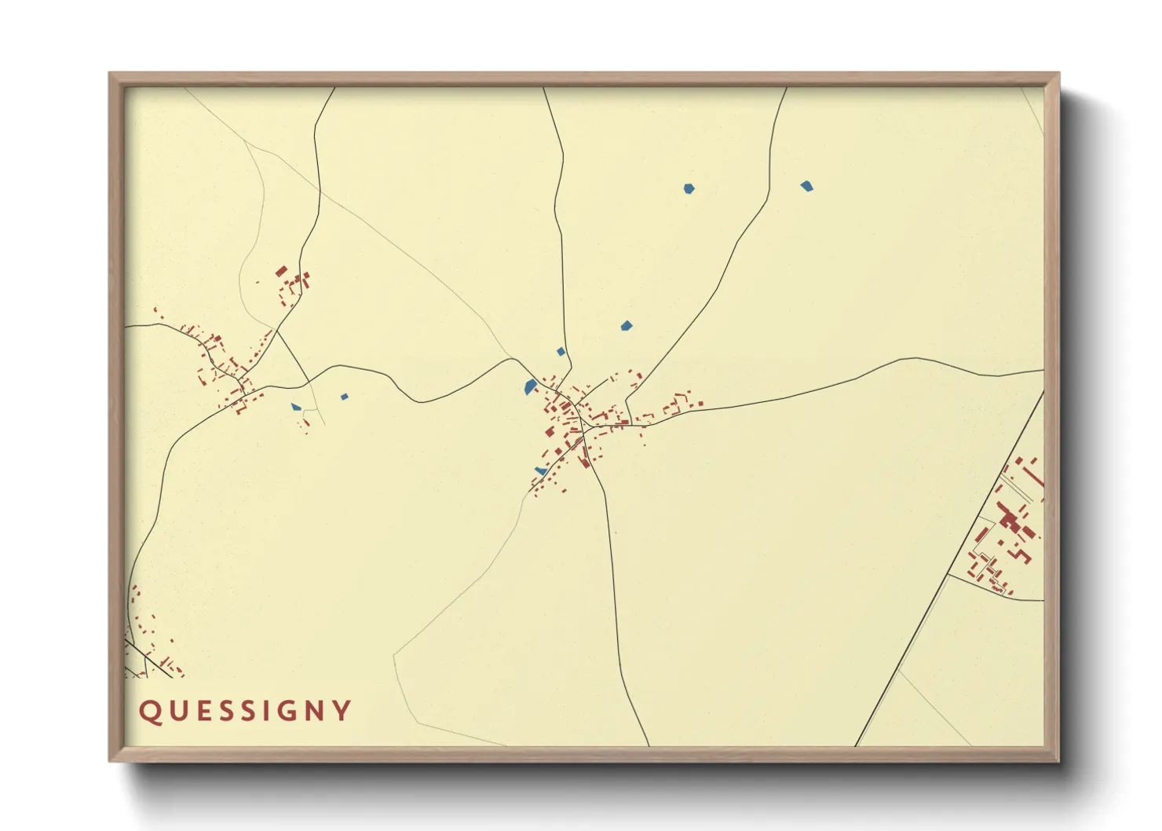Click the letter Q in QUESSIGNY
149,712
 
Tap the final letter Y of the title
342,712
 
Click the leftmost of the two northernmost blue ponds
689,189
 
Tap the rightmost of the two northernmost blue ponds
806,186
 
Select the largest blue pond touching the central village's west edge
531,386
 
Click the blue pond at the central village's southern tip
540,470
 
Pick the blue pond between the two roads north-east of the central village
626,325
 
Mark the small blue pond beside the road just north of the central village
561,352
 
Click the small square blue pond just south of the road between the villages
344,397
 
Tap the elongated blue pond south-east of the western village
295,407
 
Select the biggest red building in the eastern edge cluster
1009,521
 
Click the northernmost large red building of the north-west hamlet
281,271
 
